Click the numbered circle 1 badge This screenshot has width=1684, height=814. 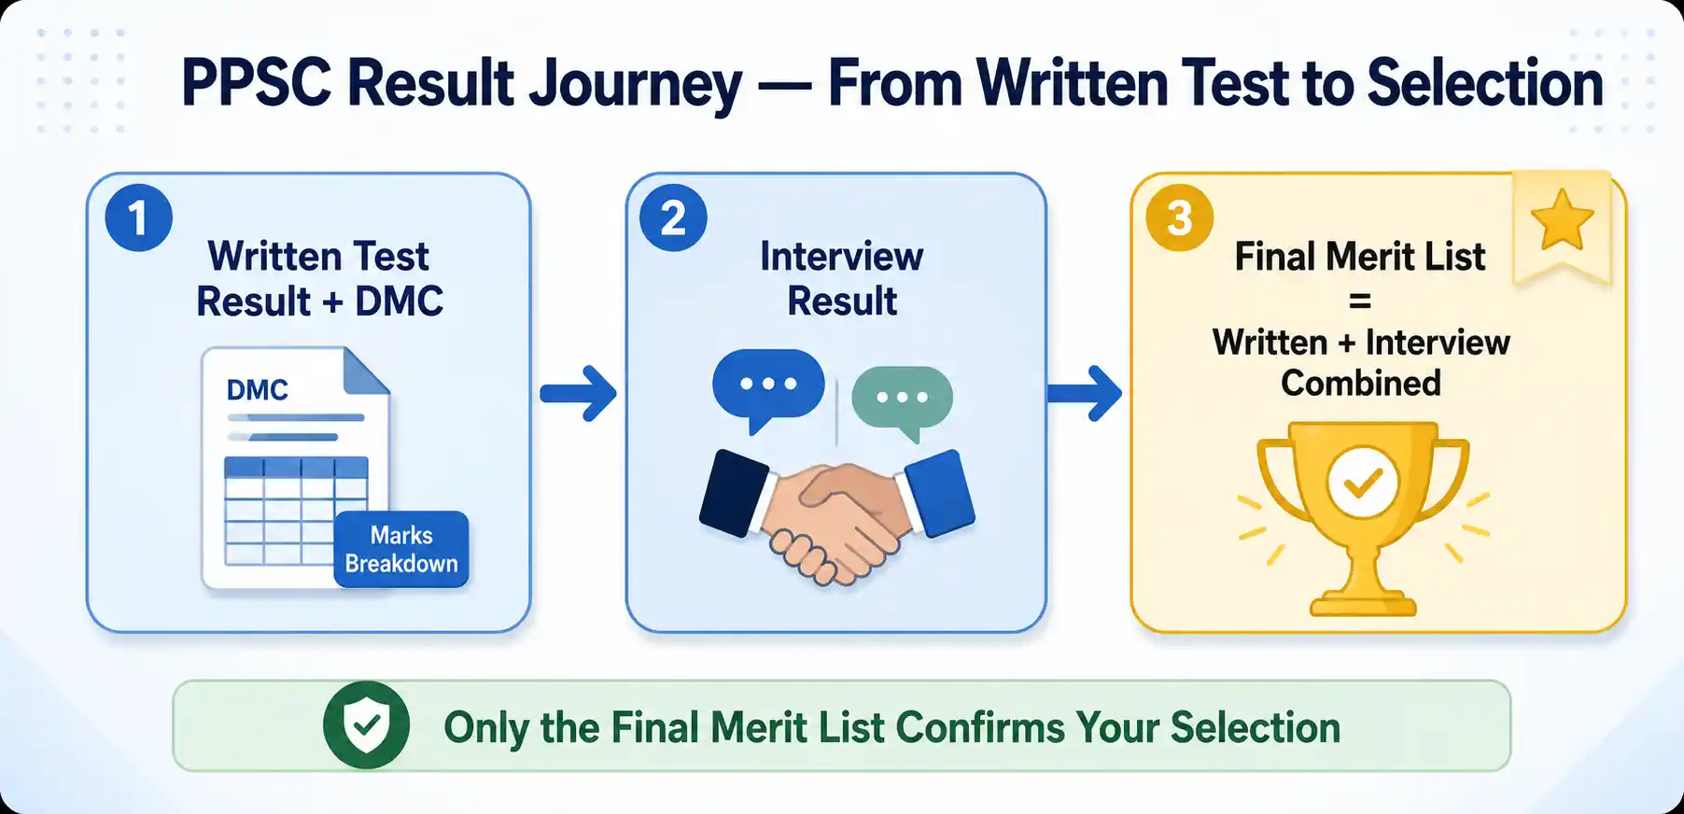tap(139, 218)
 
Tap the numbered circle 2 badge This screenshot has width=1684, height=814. tap(673, 218)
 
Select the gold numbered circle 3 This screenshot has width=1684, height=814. tap(1180, 218)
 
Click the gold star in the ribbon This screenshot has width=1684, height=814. tap(1562, 220)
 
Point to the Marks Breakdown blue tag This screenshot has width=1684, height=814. tap(401, 549)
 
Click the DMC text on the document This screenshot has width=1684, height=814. tap(258, 390)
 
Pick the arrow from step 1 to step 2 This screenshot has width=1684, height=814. tap(579, 393)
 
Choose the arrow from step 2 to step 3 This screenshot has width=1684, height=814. tap(1085, 393)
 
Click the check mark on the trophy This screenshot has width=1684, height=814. tap(1363, 482)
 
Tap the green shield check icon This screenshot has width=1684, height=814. tap(366, 725)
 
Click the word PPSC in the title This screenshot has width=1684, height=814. tap(256, 84)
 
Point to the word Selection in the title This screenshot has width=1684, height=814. tap(1485, 84)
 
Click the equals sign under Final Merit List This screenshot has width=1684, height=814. tap(1360, 301)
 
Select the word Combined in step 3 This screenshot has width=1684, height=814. tap(1361, 383)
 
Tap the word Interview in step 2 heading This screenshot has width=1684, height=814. tap(842, 257)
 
